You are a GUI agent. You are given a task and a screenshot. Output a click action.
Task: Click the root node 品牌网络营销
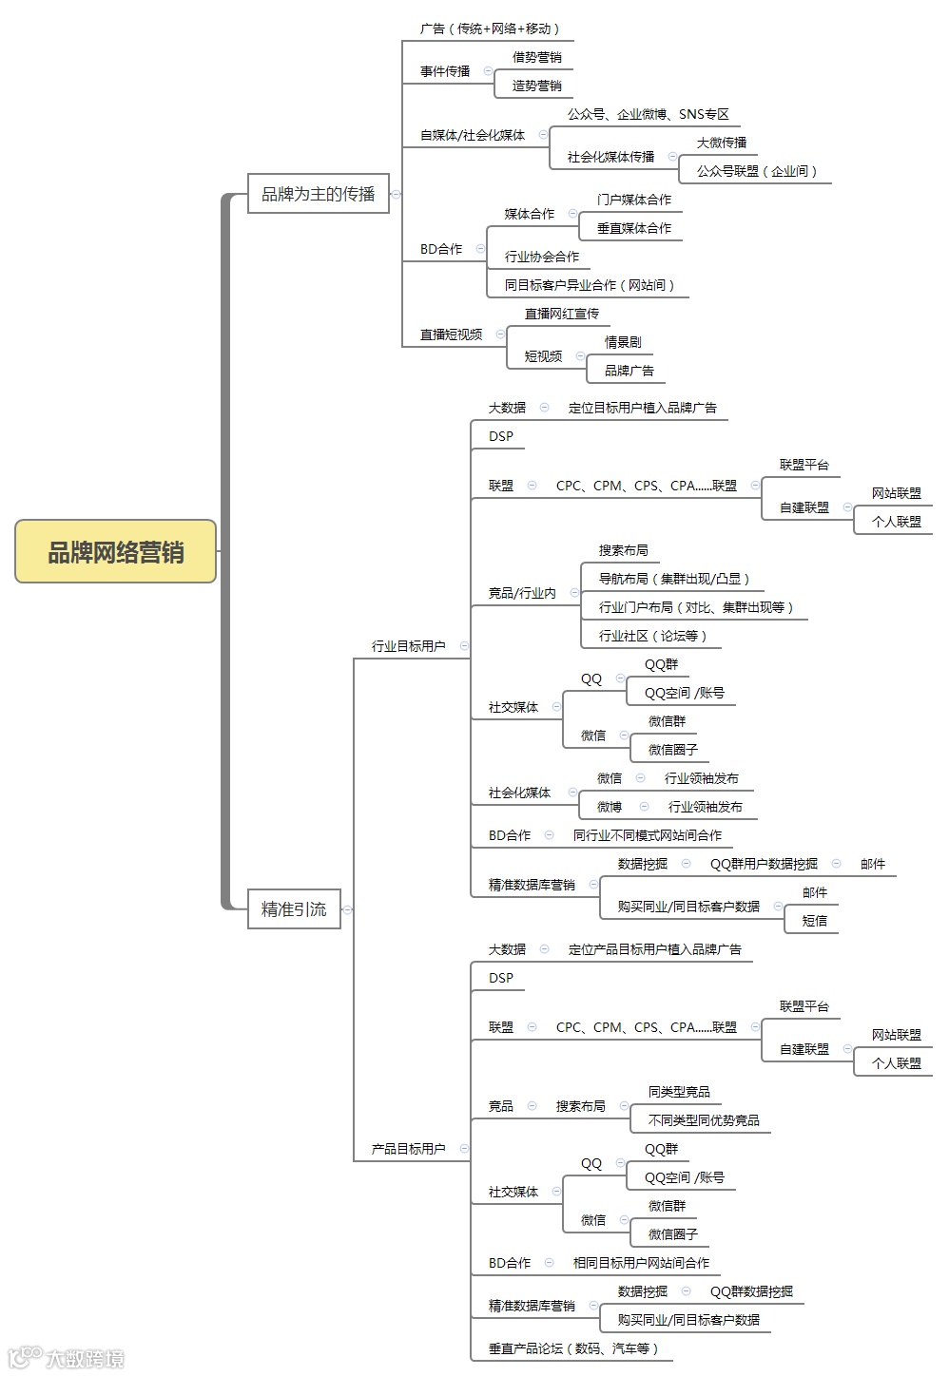(x=116, y=552)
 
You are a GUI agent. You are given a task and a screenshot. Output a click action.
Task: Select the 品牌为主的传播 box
(x=319, y=194)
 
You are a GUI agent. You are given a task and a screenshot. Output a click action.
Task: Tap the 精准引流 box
(x=294, y=909)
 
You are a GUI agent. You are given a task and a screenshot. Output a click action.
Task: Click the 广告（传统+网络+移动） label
(x=490, y=29)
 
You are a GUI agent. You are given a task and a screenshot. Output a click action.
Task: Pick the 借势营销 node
(x=536, y=57)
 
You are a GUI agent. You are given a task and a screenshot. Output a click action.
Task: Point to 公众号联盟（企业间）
(x=757, y=171)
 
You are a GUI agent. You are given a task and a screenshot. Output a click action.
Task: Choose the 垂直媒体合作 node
(x=633, y=228)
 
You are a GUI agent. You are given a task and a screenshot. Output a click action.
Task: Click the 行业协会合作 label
(x=541, y=257)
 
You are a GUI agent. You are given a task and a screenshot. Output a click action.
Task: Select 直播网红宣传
(x=562, y=314)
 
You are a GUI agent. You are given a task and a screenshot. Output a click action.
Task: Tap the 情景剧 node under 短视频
(x=623, y=342)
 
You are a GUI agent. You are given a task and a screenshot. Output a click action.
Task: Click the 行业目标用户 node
(x=408, y=646)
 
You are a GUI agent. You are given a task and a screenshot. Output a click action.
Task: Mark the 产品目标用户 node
(x=408, y=1149)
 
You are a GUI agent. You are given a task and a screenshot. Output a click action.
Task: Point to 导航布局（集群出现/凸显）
(x=674, y=579)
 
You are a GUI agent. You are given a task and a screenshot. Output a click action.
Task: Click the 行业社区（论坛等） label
(x=652, y=636)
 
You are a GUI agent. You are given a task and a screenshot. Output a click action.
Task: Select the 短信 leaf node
(x=815, y=921)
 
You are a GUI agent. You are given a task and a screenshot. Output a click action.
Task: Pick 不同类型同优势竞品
(x=704, y=1120)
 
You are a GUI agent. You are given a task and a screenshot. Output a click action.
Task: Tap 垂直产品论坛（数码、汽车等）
(x=573, y=1348)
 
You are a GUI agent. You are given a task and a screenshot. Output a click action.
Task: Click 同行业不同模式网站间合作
(x=647, y=835)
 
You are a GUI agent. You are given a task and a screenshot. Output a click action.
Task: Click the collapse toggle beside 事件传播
(x=489, y=71)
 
